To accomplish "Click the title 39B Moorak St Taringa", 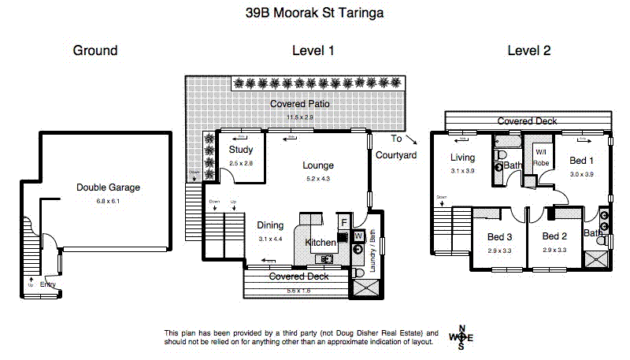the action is tap(314, 13).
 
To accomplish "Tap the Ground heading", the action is tap(95, 50).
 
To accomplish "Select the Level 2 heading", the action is tap(528, 50).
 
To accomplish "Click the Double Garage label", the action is tap(108, 187).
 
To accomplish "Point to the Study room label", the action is tap(240, 150).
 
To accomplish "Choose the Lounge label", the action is tap(318, 165).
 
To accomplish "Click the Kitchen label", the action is tap(321, 243).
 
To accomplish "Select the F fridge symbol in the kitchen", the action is tap(343, 222).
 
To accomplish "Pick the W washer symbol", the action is tap(358, 235).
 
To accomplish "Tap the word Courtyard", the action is tap(396, 155).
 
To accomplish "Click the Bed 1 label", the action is tap(581, 161).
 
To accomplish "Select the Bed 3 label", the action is tap(499, 236).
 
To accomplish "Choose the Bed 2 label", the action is tap(554, 236).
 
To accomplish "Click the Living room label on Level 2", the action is tap(463, 158).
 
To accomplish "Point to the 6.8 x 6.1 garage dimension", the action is tap(108, 201).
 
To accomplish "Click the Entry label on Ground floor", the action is tap(49, 285).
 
